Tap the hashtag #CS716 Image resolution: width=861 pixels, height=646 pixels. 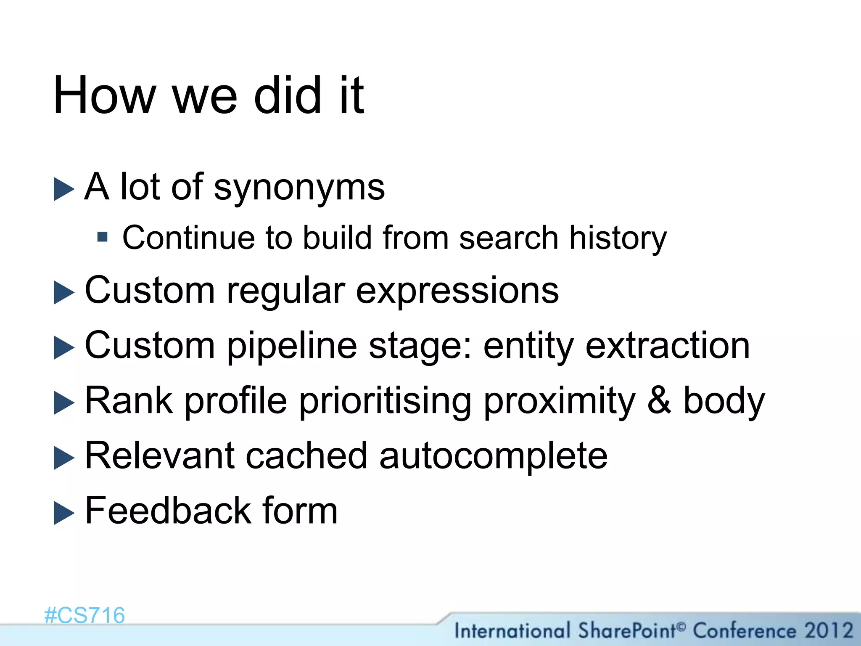click(x=85, y=616)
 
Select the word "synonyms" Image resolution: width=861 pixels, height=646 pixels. click(x=299, y=188)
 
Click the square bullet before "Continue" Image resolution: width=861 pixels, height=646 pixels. click(x=102, y=237)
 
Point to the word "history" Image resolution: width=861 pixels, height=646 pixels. click(x=618, y=238)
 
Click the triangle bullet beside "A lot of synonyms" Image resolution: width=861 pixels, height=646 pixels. click(x=64, y=189)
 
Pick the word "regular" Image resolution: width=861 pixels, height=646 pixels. click(x=285, y=291)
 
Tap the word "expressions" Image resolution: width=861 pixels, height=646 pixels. click(x=457, y=291)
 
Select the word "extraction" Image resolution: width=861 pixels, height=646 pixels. click(x=668, y=346)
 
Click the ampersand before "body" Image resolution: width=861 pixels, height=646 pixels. click(x=659, y=400)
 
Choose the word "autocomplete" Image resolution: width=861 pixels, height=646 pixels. click(x=493, y=456)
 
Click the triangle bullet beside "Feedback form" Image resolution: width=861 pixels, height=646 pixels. click(x=64, y=514)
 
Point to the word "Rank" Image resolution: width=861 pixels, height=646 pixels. click(x=129, y=400)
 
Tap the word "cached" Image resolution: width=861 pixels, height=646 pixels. click(x=306, y=455)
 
